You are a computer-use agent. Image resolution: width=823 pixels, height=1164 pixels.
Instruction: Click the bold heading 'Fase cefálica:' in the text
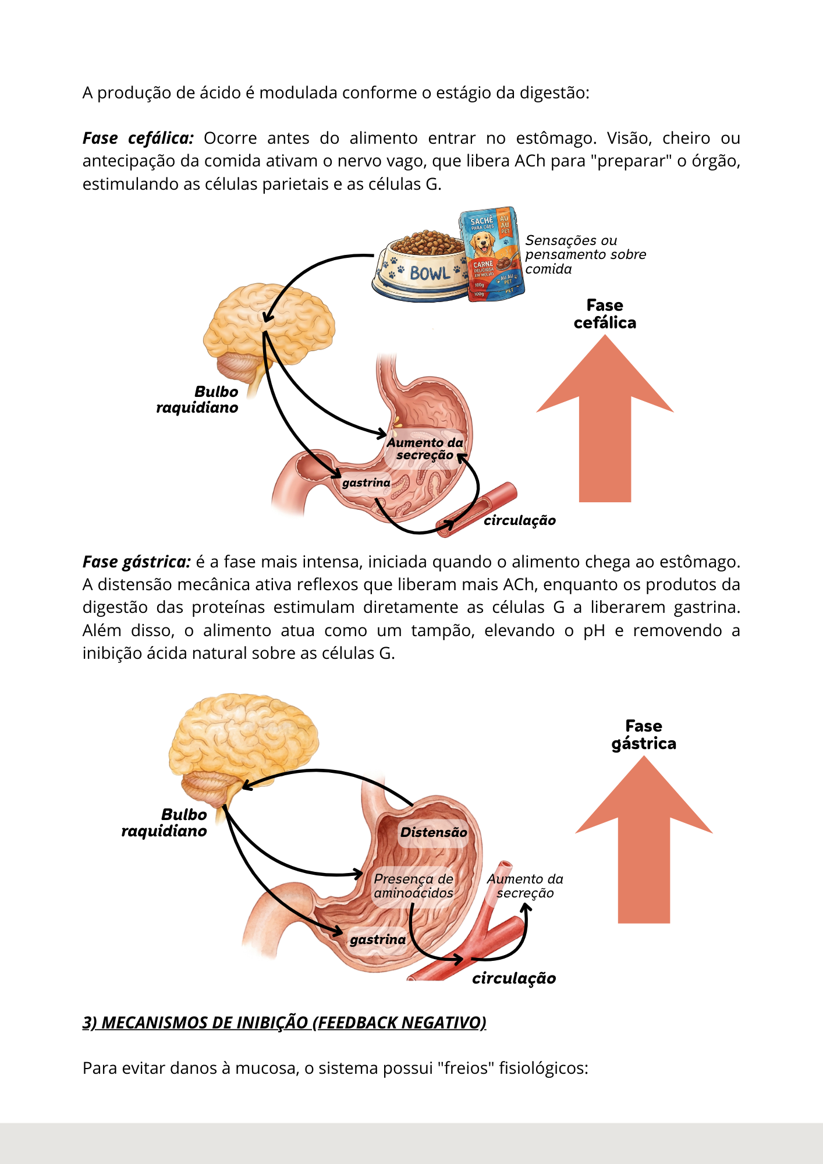pos(138,139)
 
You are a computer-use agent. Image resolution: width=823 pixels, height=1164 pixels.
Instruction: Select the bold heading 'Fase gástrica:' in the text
pos(137,562)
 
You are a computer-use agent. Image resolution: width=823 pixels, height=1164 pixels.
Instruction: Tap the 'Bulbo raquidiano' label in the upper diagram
pos(198,399)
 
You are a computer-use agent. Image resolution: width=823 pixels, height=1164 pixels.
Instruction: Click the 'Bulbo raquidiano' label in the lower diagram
pos(165,822)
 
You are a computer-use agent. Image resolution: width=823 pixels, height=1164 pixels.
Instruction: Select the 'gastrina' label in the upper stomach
pos(366,482)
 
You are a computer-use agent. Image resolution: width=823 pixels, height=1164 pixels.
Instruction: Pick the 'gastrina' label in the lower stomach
pos(378,939)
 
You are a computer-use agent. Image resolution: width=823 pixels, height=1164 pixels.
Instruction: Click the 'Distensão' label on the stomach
pos(434,832)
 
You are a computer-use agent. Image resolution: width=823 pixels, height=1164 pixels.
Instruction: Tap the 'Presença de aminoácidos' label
pos(413,886)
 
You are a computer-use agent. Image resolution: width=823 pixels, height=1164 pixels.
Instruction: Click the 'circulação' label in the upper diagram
pos(520,520)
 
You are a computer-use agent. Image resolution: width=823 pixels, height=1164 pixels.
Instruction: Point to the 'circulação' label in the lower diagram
pos(514,978)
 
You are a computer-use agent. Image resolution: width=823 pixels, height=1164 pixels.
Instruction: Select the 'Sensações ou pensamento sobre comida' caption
pos(585,254)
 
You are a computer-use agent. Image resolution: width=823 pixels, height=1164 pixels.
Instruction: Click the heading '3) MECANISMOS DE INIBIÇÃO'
pos(284,1023)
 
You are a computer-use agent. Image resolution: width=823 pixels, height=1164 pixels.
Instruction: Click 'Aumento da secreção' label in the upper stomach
pos(425,449)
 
